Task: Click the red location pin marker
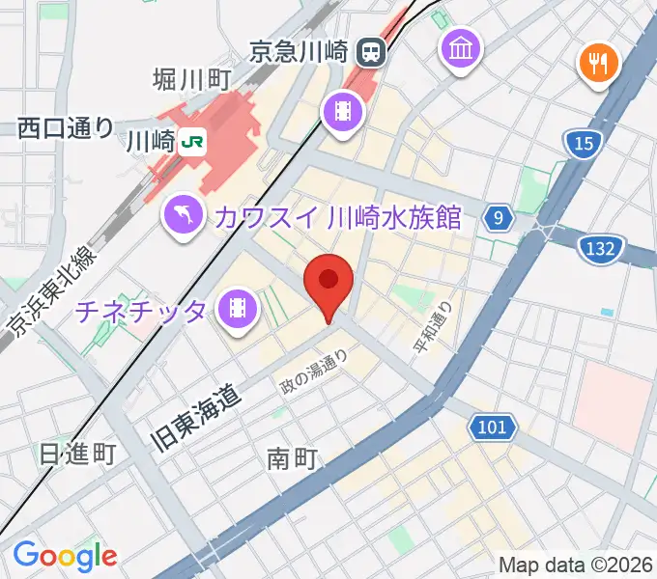[x=328, y=283]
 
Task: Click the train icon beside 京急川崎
[x=369, y=49]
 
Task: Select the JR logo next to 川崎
[x=191, y=142]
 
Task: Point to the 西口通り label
[x=66, y=127]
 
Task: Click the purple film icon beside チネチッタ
[x=237, y=309]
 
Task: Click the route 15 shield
[x=582, y=144]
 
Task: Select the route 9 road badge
[x=497, y=218]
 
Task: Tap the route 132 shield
[x=600, y=249]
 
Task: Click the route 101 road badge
[x=491, y=426]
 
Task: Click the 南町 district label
[x=293, y=459]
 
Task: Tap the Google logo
[x=64, y=555]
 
